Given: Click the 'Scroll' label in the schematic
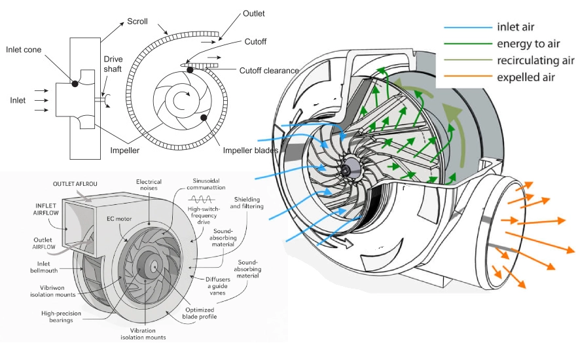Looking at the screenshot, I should [137, 22].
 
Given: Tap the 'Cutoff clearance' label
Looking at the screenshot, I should [269, 71].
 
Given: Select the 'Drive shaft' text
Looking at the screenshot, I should [113, 63].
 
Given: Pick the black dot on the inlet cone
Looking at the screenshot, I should [75, 84].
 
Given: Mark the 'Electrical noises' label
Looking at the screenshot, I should [149, 186].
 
